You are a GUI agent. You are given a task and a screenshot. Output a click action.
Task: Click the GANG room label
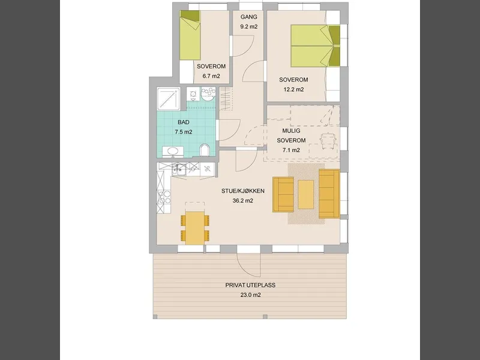click(x=248, y=17)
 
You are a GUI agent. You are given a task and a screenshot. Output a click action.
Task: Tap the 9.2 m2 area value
click(x=248, y=26)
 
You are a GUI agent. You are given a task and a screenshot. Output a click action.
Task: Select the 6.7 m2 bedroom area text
click(x=211, y=76)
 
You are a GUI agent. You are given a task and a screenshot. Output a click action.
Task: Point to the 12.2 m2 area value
click(x=293, y=89)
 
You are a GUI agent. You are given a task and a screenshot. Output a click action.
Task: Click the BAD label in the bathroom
click(x=184, y=122)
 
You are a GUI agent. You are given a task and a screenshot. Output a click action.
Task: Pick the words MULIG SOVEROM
click(x=291, y=136)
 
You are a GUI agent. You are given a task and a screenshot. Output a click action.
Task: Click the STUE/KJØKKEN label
click(x=243, y=191)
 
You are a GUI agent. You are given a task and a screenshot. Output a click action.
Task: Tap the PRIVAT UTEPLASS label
click(x=250, y=285)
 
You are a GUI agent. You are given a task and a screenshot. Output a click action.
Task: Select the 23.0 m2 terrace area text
click(x=250, y=295)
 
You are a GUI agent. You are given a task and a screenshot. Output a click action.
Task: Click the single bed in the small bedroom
click(x=190, y=35)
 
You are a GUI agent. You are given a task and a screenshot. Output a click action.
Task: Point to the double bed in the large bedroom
click(x=316, y=46)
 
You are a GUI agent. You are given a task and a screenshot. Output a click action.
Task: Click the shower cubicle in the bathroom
click(x=168, y=98)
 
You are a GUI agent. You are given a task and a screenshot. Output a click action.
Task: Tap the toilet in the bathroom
click(x=204, y=151)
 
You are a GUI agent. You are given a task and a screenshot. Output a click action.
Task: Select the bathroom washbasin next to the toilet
click(x=173, y=151)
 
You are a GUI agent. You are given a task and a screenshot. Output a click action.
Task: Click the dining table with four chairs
click(x=195, y=228)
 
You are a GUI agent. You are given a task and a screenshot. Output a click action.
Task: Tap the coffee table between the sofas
click(x=306, y=194)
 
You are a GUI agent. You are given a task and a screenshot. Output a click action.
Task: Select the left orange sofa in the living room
click(x=283, y=194)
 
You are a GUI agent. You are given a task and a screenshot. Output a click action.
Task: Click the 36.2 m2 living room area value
click(x=243, y=201)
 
